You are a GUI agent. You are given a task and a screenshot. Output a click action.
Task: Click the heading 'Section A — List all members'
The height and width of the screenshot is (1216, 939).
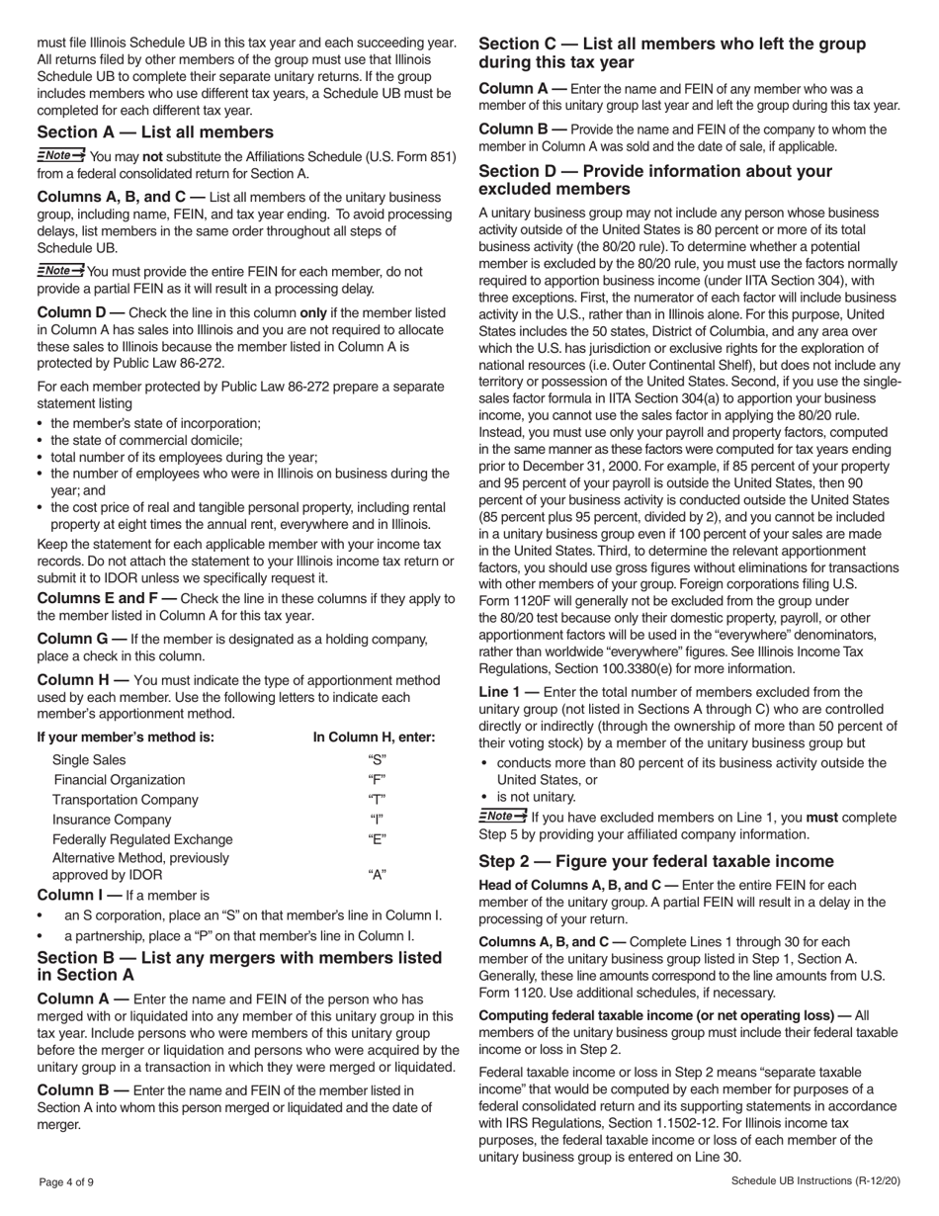tap(155, 132)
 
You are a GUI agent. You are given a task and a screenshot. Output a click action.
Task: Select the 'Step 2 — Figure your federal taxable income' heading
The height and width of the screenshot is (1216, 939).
tap(655, 861)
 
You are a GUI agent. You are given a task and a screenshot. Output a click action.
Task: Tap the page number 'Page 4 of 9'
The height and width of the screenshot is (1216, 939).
tap(67, 1182)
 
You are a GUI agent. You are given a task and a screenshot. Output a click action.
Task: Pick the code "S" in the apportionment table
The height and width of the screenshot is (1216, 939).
tap(377, 760)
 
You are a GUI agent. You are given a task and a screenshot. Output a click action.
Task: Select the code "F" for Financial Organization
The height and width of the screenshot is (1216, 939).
tap(377, 780)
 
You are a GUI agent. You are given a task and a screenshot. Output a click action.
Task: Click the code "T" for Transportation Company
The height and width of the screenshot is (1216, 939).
tap(377, 800)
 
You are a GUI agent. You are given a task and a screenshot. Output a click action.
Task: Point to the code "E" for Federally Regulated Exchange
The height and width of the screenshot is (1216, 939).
tap(377, 839)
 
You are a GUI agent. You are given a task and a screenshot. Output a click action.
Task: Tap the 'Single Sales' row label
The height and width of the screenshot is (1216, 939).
tap(89, 760)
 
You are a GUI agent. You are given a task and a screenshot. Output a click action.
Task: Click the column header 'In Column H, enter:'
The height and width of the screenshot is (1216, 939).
tap(374, 738)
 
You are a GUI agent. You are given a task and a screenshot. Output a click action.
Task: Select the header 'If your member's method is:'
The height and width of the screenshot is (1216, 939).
tap(126, 738)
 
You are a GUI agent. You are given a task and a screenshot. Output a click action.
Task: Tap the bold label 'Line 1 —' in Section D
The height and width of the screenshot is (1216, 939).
tap(509, 692)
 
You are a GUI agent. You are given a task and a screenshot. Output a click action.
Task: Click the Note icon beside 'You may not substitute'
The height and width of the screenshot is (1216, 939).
tap(60, 155)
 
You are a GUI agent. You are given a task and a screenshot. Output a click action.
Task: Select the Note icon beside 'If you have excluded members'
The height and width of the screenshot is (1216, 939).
tap(502, 817)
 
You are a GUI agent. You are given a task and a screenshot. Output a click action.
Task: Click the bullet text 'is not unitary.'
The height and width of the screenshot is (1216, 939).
tap(536, 797)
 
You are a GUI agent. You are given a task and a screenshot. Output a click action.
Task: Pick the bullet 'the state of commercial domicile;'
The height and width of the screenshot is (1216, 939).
tap(146, 440)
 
